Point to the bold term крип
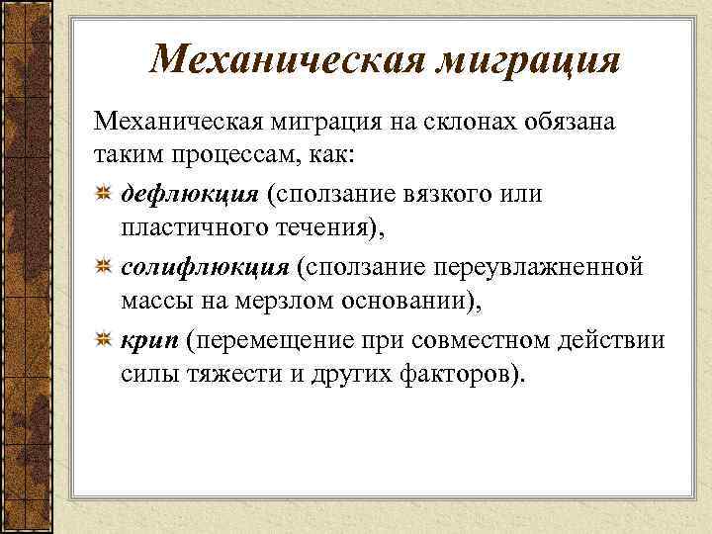click(x=152, y=341)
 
